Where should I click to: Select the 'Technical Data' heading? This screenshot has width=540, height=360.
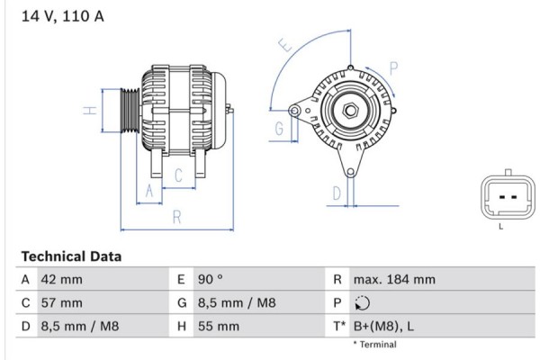click(x=70, y=256)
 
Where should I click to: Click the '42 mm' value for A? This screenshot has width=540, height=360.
click(x=61, y=280)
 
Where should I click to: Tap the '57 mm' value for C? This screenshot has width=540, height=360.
click(x=61, y=303)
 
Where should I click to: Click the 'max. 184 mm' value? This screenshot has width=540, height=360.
click(x=394, y=280)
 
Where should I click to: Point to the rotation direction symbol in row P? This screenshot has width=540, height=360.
click(x=362, y=303)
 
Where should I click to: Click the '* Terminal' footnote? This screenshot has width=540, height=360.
click(x=374, y=345)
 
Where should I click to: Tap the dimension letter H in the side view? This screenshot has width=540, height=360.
click(x=89, y=111)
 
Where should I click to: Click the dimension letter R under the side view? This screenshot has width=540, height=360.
click(x=176, y=216)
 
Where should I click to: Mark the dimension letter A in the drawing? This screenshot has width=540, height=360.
click(x=150, y=191)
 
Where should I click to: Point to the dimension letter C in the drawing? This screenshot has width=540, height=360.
click(x=178, y=175)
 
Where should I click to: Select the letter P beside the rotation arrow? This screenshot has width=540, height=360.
click(x=393, y=66)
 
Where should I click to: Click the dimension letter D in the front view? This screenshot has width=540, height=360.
click(x=335, y=193)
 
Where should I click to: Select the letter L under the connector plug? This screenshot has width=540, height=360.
click(x=500, y=226)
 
